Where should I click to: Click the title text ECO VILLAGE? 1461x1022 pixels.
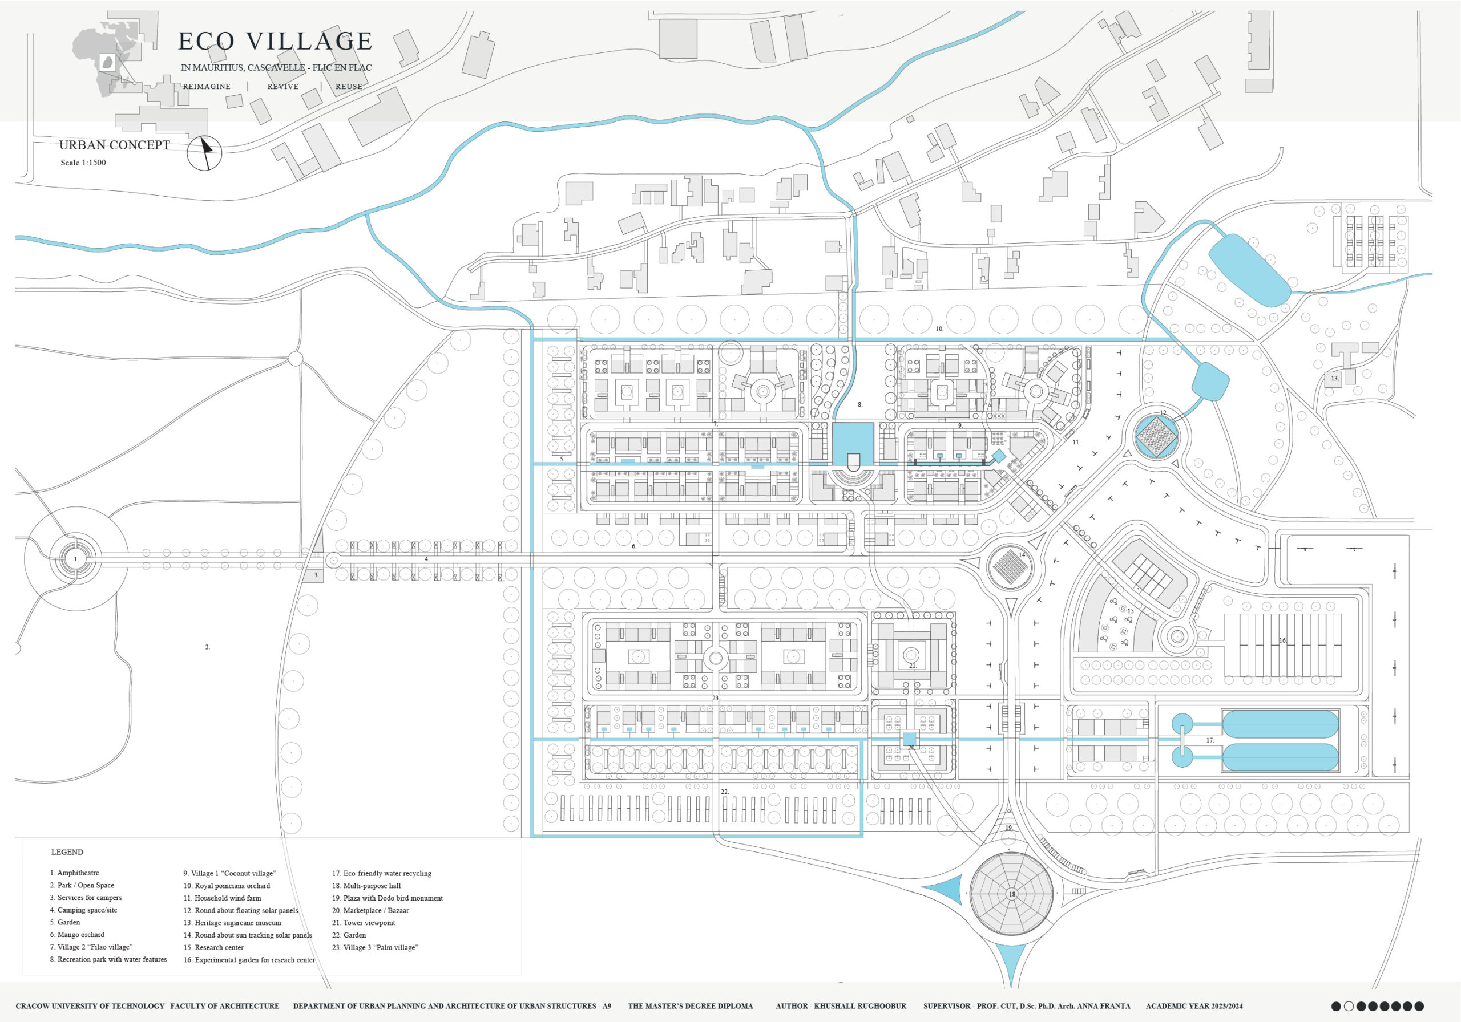(x=275, y=41)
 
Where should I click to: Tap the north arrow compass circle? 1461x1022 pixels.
(x=204, y=153)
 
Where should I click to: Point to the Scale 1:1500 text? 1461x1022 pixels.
(x=83, y=163)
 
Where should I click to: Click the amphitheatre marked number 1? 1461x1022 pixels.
(x=76, y=559)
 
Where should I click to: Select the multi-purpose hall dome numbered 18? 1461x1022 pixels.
(x=1011, y=894)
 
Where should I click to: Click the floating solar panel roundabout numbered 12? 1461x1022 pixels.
(x=1157, y=436)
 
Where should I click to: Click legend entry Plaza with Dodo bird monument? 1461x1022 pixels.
(x=388, y=898)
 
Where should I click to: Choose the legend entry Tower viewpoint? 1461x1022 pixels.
(x=364, y=923)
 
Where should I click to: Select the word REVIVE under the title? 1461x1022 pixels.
(x=283, y=87)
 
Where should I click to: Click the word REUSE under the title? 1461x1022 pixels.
(x=349, y=87)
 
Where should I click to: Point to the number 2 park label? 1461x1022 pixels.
(x=207, y=647)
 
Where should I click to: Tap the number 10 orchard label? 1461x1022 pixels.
(x=939, y=330)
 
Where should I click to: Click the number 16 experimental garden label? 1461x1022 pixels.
(x=1283, y=640)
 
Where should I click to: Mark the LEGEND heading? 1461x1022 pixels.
(x=67, y=852)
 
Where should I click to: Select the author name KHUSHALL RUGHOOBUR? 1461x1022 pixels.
(x=860, y=1006)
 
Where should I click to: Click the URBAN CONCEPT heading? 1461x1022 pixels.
(x=115, y=145)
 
